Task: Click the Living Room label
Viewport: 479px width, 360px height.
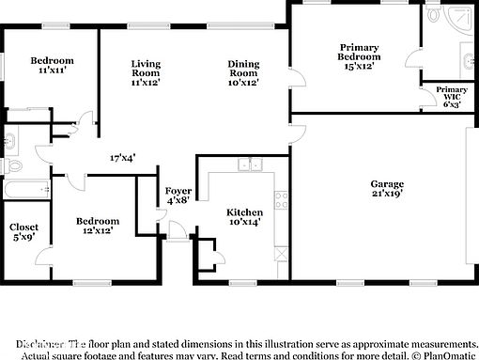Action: click(x=145, y=72)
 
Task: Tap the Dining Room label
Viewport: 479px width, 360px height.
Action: click(x=242, y=72)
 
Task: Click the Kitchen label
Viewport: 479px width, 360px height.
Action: click(x=245, y=217)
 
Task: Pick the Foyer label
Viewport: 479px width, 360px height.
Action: click(x=178, y=195)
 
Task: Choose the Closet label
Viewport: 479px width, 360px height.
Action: click(x=23, y=232)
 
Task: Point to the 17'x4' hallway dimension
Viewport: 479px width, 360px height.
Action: click(x=122, y=158)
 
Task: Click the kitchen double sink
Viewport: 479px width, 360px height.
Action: click(x=250, y=165)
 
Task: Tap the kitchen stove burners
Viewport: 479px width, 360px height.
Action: click(x=279, y=198)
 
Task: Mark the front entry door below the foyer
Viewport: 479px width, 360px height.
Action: click(x=178, y=236)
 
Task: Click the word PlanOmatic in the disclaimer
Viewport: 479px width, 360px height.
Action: click(x=450, y=355)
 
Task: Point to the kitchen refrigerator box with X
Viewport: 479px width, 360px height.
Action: click(x=279, y=252)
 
